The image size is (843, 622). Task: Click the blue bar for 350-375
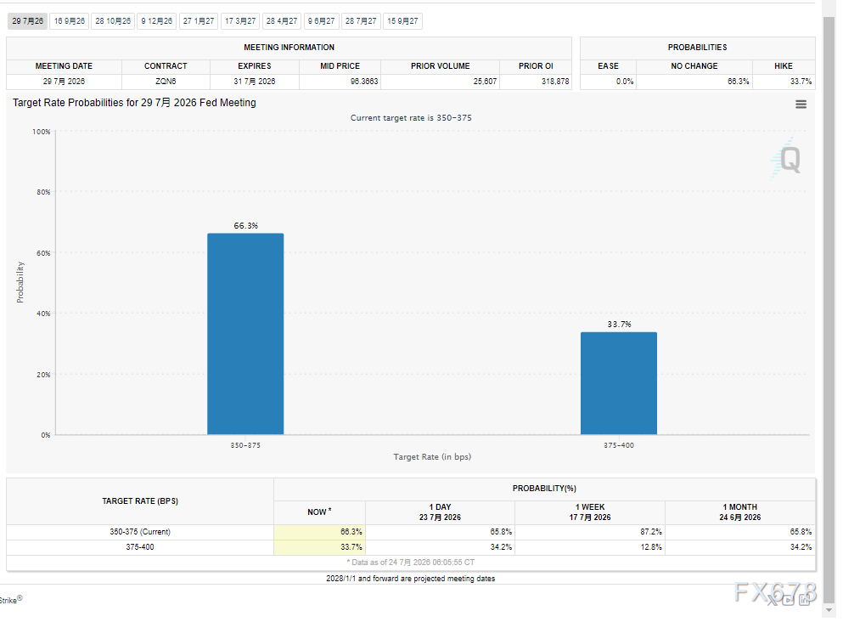pyautogui.click(x=245, y=334)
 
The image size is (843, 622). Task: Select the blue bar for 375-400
pyautogui.click(x=618, y=383)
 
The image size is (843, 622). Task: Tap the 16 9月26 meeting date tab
pyautogui.click(x=70, y=21)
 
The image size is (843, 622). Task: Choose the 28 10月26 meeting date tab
pyautogui.click(x=113, y=21)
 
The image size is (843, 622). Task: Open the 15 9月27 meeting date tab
pyautogui.click(x=402, y=21)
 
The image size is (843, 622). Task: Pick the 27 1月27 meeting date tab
pyautogui.click(x=199, y=21)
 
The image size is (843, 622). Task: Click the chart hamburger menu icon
pyautogui.click(x=801, y=105)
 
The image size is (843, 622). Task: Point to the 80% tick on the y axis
pyautogui.click(x=43, y=192)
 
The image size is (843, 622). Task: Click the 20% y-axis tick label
pyautogui.click(x=43, y=375)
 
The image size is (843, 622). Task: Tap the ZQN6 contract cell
pyautogui.click(x=166, y=82)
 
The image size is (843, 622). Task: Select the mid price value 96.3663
pyautogui.click(x=364, y=82)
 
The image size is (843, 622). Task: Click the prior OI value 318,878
pyautogui.click(x=555, y=82)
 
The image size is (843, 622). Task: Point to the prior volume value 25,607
pyautogui.click(x=485, y=82)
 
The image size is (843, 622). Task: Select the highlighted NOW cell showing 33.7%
pyautogui.click(x=319, y=546)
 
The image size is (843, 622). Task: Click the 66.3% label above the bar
pyautogui.click(x=245, y=225)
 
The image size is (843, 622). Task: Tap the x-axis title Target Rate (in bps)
pyautogui.click(x=432, y=457)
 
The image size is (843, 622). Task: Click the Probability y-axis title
pyautogui.click(x=20, y=282)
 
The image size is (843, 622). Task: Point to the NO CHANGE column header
pyautogui.click(x=694, y=65)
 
